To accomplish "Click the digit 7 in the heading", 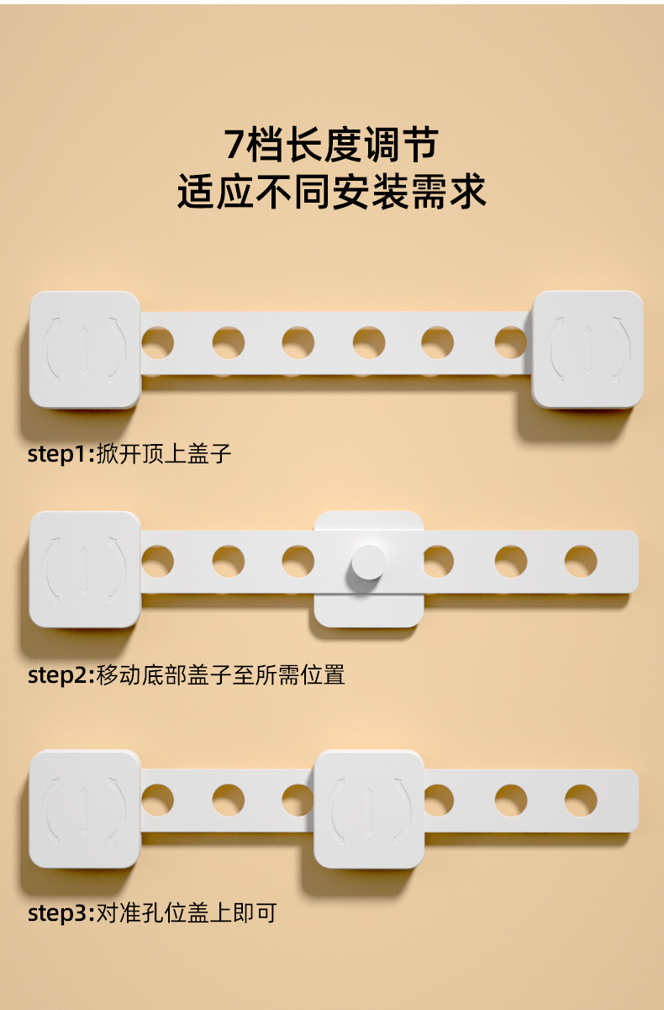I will pyautogui.click(x=235, y=145).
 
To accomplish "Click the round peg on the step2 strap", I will pyautogui.click(x=368, y=562).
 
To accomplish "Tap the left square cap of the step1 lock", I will pyautogui.click(x=84, y=349).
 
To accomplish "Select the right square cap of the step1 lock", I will pyautogui.click(x=588, y=349).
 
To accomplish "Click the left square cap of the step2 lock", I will pyautogui.click(x=84, y=568).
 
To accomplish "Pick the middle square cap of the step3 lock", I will pyautogui.click(x=369, y=809).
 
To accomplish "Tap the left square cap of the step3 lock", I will pyautogui.click(x=84, y=809).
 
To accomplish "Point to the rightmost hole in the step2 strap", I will pyautogui.click(x=581, y=562).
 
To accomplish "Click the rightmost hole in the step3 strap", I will pyautogui.click(x=581, y=801).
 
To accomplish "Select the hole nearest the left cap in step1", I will pyautogui.click(x=157, y=342).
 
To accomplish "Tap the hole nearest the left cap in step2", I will pyautogui.click(x=157, y=562).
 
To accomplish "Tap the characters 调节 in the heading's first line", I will pyautogui.click(x=402, y=145).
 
